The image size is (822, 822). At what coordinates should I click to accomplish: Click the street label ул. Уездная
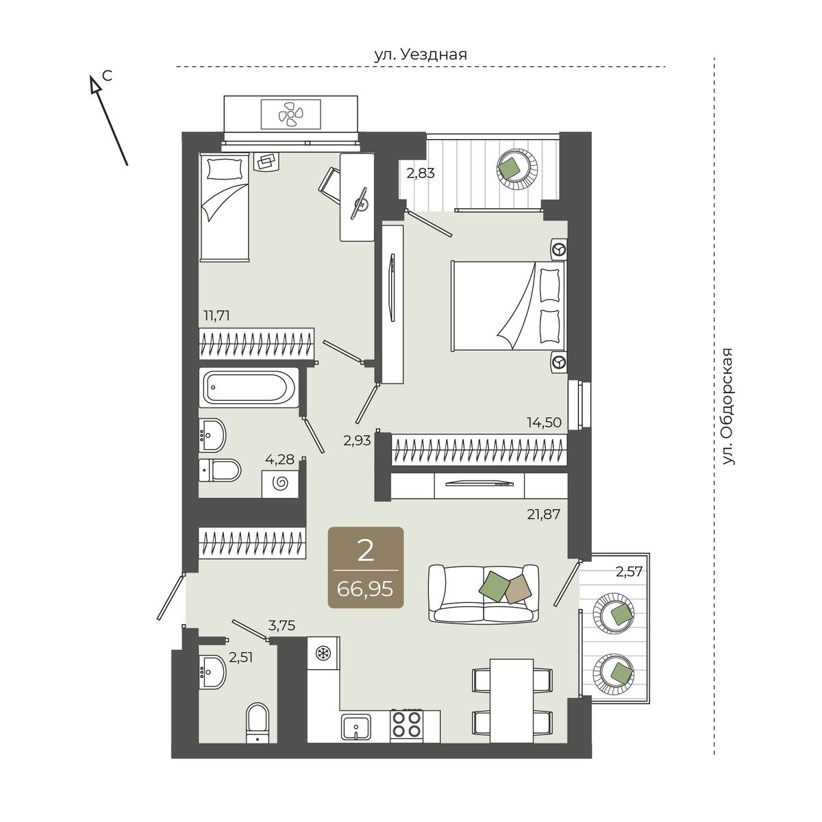421,55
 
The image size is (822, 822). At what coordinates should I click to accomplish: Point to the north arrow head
95,84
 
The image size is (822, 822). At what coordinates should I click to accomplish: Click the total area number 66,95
365,590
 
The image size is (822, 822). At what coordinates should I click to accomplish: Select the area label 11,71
216,316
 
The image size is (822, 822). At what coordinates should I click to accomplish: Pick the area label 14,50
544,423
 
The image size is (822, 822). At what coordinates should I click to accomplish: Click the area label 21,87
543,514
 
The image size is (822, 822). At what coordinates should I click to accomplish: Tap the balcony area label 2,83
420,173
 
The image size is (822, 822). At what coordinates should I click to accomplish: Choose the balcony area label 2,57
629,571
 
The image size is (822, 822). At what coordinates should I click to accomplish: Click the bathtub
249,387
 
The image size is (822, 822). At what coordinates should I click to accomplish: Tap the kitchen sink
356,727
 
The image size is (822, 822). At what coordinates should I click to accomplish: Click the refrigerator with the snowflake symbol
323,653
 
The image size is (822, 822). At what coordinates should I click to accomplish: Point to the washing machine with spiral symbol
280,483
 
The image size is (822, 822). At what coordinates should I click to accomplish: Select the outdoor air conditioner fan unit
290,114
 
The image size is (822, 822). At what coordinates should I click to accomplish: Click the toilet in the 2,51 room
258,723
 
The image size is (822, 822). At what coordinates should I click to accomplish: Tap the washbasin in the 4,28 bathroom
212,435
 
